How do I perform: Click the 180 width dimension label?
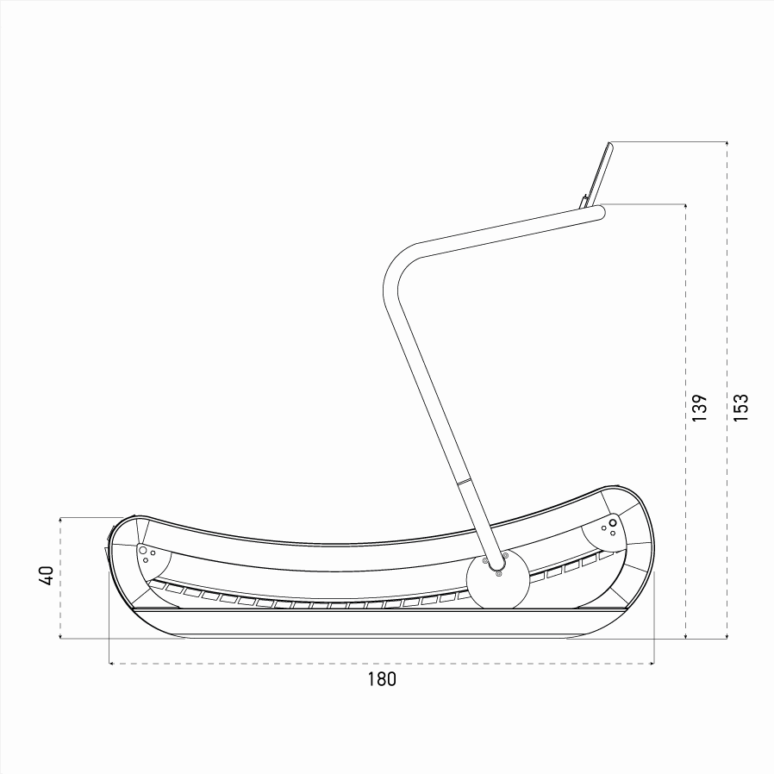click(x=381, y=679)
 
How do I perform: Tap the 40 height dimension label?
click(x=48, y=576)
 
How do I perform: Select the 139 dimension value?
click(x=700, y=408)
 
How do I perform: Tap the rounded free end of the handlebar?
click(x=600, y=212)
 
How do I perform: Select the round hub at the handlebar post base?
click(x=497, y=581)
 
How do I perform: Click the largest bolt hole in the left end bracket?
click(x=142, y=549)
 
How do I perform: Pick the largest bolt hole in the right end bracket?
click(x=613, y=522)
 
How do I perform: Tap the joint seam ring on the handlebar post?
click(x=463, y=482)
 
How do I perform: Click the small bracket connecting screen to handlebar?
click(x=586, y=202)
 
